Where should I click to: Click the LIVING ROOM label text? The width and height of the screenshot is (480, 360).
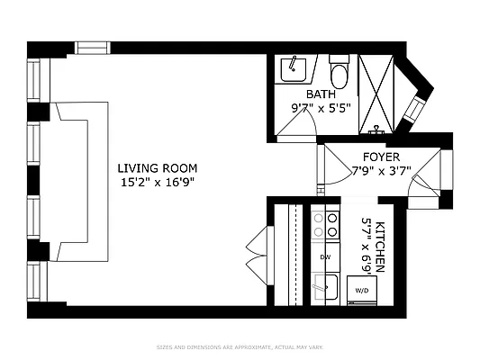157,168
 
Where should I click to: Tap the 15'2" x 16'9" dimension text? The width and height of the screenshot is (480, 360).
157,181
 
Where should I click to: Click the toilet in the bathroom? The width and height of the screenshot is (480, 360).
339,71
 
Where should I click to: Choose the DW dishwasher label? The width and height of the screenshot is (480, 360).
324,257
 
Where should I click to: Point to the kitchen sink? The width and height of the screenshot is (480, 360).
325,289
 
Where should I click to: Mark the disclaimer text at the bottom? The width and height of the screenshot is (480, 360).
240,346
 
